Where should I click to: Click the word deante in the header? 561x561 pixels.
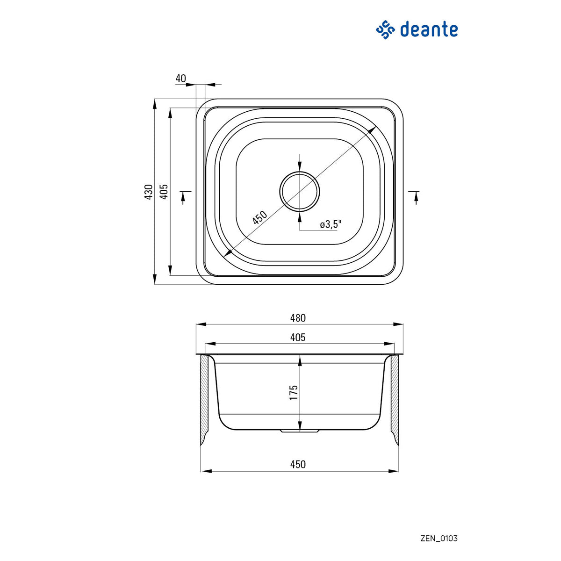429,29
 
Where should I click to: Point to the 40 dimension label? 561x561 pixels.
180,79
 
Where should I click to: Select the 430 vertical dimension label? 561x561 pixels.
149,192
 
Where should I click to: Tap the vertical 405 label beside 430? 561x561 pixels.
164,192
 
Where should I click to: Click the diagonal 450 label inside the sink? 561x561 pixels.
259,218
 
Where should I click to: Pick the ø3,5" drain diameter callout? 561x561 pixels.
331,224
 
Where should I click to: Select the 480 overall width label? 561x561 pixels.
298,318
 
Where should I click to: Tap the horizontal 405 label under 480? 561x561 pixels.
298,338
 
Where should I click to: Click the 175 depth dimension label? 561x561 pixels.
294,392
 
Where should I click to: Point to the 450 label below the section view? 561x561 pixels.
298,464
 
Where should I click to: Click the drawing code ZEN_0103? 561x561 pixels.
439,538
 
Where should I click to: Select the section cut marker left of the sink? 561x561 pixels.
185,197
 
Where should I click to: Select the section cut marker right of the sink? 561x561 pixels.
414,197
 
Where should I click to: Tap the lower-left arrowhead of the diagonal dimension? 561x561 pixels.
228,253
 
